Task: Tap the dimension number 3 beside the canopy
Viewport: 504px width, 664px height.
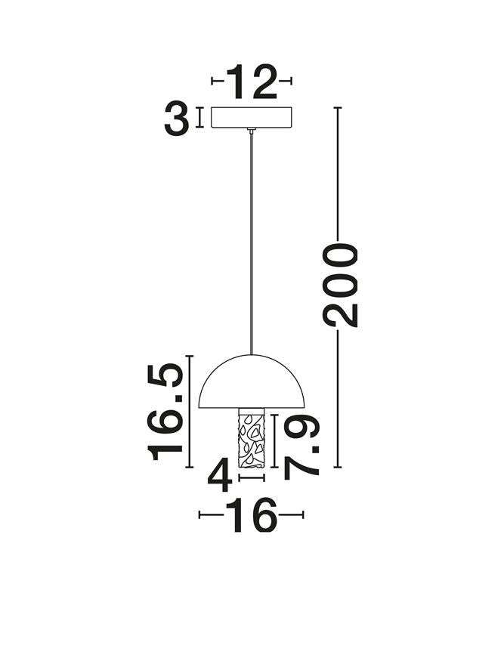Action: (x=176, y=119)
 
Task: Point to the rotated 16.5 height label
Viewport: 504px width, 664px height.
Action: (x=167, y=411)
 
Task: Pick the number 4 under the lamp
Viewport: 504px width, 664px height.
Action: (x=220, y=477)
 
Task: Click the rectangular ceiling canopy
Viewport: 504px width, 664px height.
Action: (x=252, y=118)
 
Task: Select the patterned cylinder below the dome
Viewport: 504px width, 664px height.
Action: (x=252, y=439)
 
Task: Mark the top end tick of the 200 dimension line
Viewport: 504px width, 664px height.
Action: (x=338, y=108)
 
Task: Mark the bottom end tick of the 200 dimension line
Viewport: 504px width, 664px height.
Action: (x=338, y=467)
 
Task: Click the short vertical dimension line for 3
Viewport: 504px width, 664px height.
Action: (x=199, y=118)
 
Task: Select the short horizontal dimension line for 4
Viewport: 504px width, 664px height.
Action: (x=252, y=477)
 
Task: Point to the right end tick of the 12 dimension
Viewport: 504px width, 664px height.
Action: (x=291, y=80)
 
